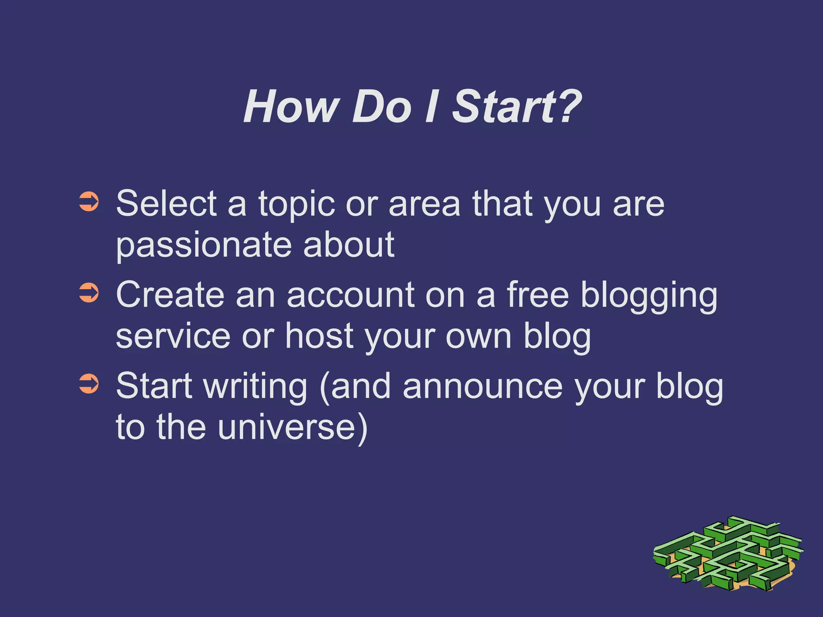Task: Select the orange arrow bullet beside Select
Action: (x=89, y=202)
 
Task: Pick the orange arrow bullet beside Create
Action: (x=89, y=293)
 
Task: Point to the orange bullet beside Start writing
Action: (x=89, y=384)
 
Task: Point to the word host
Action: (x=319, y=336)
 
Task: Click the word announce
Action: (x=483, y=386)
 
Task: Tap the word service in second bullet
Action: (x=173, y=336)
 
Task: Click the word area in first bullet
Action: (x=424, y=204)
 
